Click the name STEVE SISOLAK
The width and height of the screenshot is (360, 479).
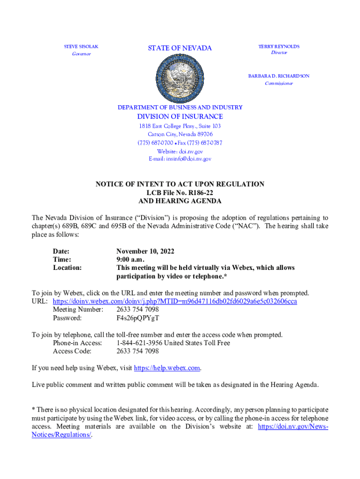pos(81,47)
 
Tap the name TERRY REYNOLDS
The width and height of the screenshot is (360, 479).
pos(279,46)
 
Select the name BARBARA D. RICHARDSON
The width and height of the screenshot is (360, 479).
pos(278,76)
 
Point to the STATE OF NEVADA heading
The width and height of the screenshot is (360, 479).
pos(180,48)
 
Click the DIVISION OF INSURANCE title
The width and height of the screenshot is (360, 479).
pos(180,116)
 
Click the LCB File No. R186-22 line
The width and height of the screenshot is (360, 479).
pos(180,192)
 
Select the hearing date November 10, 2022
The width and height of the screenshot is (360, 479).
pos(145,251)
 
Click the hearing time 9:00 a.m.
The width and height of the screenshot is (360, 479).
pos(130,259)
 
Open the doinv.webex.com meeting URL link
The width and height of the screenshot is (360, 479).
pos(175,301)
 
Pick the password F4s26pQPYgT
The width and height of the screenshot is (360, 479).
pos(137,318)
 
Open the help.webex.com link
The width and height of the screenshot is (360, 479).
pos(167,368)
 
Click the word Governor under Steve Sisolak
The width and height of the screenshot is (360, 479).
pos(81,54)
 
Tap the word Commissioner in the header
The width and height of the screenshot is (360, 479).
pos(279,83)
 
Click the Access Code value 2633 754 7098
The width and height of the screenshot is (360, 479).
pos(137,351)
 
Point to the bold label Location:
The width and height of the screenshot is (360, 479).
pos(67,268)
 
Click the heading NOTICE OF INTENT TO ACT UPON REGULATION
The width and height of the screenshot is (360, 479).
pos(180,184)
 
